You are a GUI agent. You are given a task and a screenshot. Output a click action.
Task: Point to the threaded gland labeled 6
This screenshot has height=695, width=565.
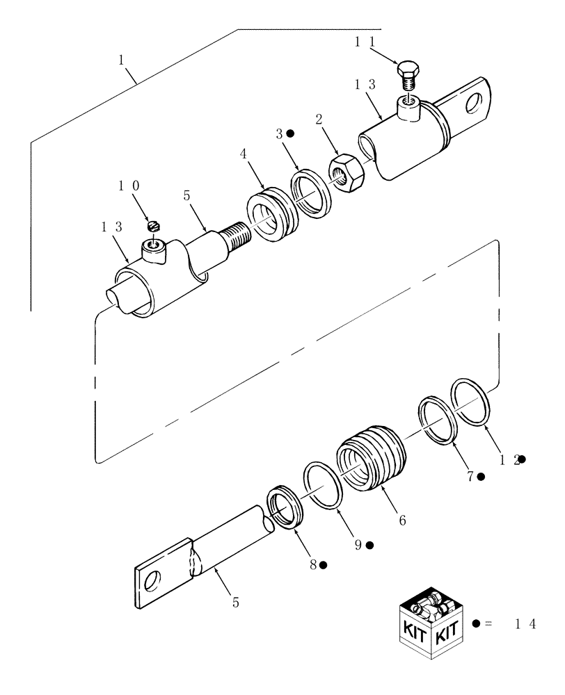[369, 457]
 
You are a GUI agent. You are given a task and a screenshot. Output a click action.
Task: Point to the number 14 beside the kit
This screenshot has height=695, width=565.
[525, 624]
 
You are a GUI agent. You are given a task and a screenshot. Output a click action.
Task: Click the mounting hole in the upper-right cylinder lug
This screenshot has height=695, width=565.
[477, 103]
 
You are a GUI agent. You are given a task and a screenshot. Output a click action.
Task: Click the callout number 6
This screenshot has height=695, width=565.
[402, 519]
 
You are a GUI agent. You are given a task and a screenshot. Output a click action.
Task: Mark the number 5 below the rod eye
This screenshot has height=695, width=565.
[235, 603]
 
